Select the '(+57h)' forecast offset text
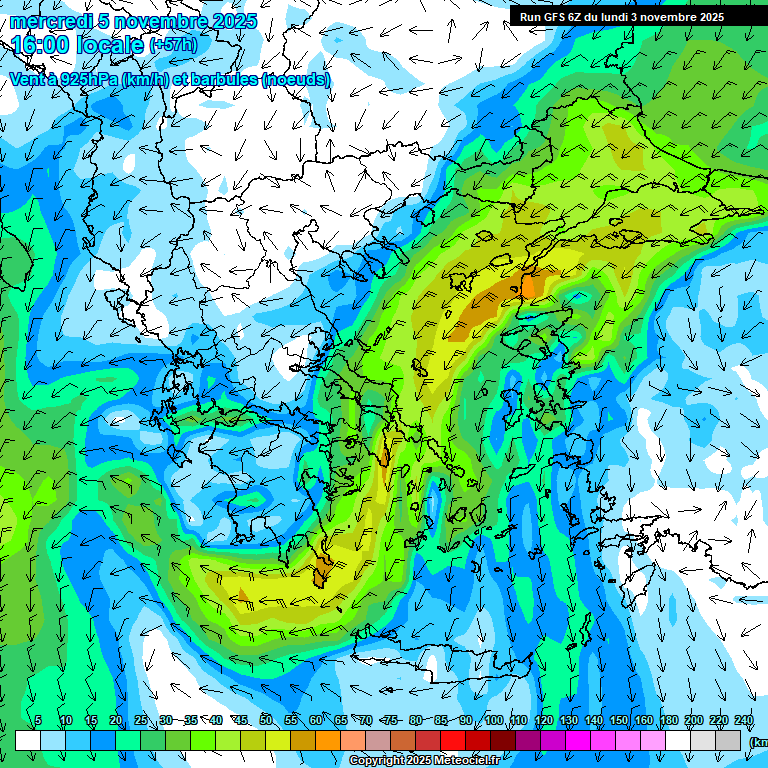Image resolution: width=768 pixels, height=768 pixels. (x=173, y=45)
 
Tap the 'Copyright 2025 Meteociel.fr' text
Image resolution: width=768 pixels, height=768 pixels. (x=424, y=761)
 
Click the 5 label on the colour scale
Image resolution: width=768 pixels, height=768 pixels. (x=38, y=720)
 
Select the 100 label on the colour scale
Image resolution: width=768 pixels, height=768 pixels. (x=494, y=720)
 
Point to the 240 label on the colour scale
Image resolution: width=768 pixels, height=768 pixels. (x=744, y=720)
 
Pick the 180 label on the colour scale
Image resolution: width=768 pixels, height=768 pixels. (x=669, y=720)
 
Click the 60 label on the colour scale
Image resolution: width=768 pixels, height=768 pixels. (x=316, y=720)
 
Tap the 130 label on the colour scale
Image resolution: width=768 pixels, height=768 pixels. (x=569, y=720)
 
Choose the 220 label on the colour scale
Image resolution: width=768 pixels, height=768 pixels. (x=719, y=720)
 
